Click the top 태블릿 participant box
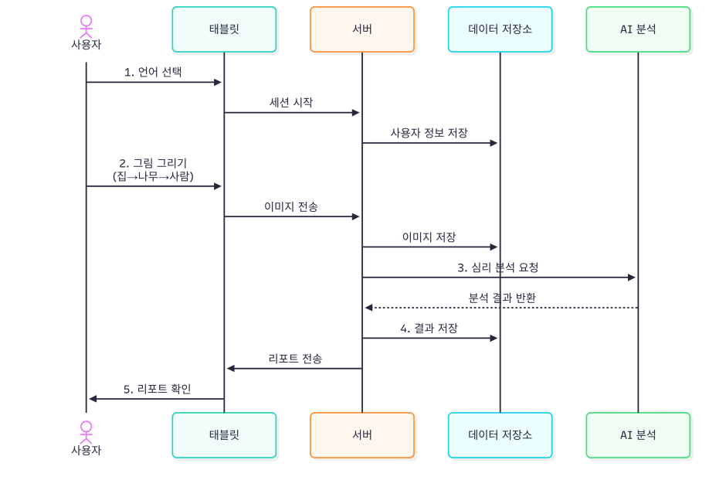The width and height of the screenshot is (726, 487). tap(224, 29)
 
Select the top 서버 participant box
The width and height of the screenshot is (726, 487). tap(361, 29)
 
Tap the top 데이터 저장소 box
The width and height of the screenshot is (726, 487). tap(500, 29)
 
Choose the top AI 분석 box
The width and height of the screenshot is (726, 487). tap(638, 29)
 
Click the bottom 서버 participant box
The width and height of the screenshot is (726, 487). tap(361, 434)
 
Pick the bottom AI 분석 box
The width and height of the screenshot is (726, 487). tap(638, 434)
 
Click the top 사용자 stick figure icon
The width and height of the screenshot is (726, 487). tap(86, 24)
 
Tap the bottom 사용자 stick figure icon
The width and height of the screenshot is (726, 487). tap(86, 430)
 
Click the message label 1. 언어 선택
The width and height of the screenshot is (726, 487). tap(153, 72)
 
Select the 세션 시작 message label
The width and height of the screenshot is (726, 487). tap(291, 102)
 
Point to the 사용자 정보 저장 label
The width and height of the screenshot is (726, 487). tap(429, 132)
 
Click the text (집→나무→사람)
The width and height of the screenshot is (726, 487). tap(153, 175)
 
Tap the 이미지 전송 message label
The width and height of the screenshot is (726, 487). tap(291, 206)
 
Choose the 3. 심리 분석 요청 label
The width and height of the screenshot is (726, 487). tap(497, 267)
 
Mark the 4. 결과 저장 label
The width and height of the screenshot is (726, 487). tap(429, 328)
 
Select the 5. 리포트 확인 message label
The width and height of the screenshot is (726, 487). tap(157, 389)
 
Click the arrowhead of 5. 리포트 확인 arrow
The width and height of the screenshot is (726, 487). tap(93, 399)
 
